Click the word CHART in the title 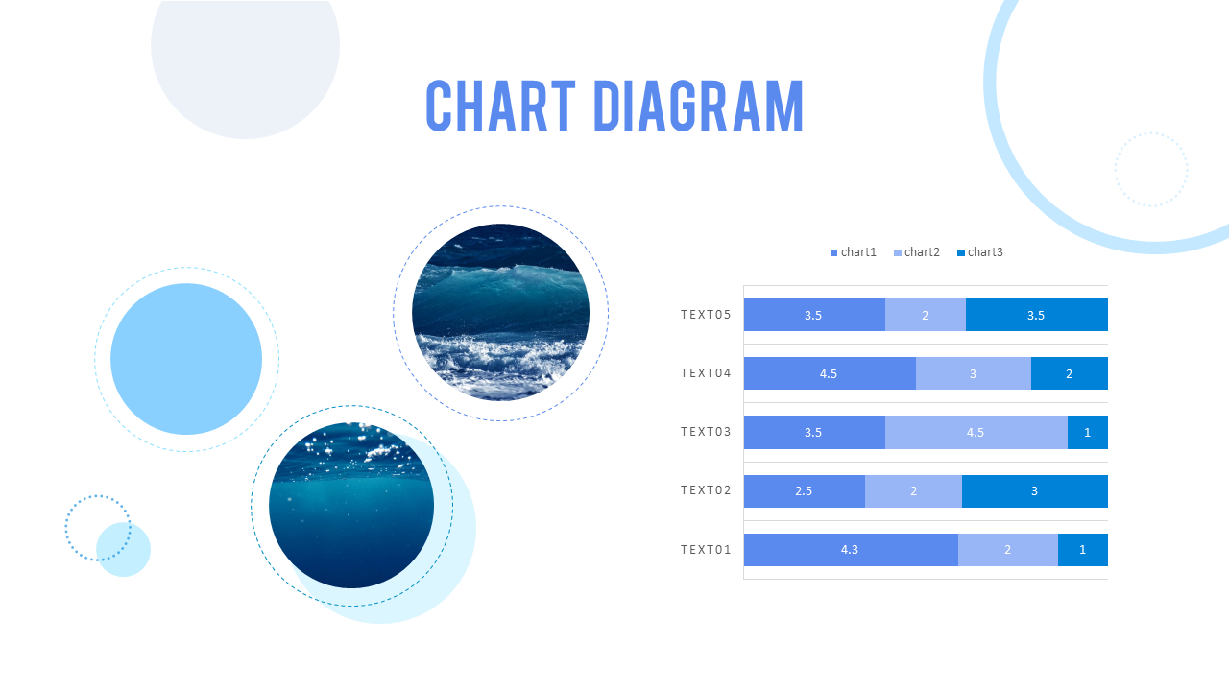coord(500,106)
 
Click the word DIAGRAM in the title coord(698,106)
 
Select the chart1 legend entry coord(854,252)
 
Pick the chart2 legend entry coord(916,252)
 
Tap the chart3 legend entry coord(979,252)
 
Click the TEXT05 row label coord(706,315)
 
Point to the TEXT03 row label coord(706,432)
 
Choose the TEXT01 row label coord(706,550)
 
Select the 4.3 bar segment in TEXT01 coord(850,550)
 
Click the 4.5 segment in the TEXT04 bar coord(829,373)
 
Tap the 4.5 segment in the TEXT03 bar coord(976,432)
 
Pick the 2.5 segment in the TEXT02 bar coord(804,490)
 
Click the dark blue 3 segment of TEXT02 coord(1034,490)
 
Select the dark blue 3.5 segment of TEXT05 coord(1036,315)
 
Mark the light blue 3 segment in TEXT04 coord(973,373)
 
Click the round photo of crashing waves coord(500,312)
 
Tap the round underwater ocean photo coord(351,506)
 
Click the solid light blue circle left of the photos coord(186,359)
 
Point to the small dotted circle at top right coord(1151,170)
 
